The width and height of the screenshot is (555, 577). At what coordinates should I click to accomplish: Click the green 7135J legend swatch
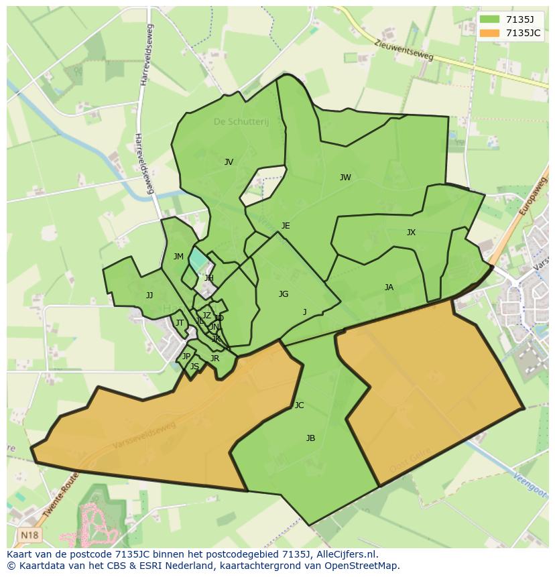pyautogui.click(x=489, y=19)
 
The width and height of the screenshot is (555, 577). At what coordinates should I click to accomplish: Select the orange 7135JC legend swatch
pyautogui.click(x=489, y=33)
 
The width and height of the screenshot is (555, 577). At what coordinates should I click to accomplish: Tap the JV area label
pyautogui.click(x=229, y=162)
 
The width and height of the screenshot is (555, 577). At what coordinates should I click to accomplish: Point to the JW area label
pyautogui.click(x=345, y=178)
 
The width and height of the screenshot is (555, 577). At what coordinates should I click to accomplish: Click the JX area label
pyautogui.click(x=411, y=233)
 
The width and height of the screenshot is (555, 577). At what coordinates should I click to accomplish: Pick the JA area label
pyautogui.click(x=389, y=287)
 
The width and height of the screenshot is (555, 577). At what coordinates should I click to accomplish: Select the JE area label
pyautogui.click(x=286, y=226)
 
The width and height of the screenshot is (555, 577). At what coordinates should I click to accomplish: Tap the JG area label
pyautogui.click(x=284, y=294)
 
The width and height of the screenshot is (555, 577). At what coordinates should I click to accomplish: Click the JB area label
pyautogui.click(x=310, y=438)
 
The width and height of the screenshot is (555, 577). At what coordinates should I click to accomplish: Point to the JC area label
pyautogui.click(x=299, y=405)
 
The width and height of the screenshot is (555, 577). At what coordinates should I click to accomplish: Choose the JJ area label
pyautogui.click(x=149, y=296)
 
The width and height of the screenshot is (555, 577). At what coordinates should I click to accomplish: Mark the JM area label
pyautogui.click(x=178, y=257)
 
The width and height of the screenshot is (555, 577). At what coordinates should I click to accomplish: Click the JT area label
pyautogui.click(x=179, y=323)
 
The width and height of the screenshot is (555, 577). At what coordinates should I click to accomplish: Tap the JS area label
pyautogui.click(x=194, y=367)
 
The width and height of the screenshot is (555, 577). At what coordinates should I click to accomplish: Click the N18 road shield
pyautogui.click(x=29, y=535)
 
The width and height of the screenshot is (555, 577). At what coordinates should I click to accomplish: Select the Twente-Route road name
pyautogui.click(x=60, y=496)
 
